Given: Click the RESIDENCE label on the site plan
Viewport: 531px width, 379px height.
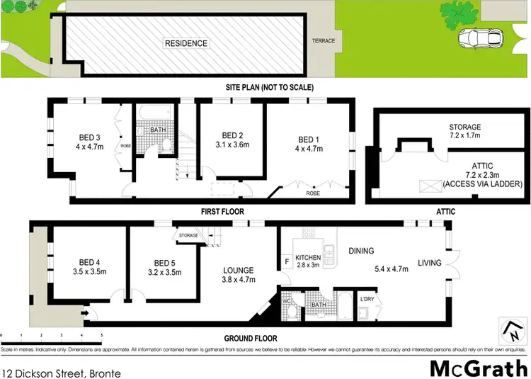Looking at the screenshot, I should pos(186,43).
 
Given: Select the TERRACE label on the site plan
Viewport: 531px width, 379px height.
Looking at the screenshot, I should pos(323,41).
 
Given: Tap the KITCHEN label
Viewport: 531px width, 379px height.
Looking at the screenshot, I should pos(308,258).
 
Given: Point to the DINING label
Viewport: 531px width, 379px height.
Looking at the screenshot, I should pos(360,250).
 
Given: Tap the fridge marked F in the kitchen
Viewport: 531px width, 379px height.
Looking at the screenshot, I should pos(286,261).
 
